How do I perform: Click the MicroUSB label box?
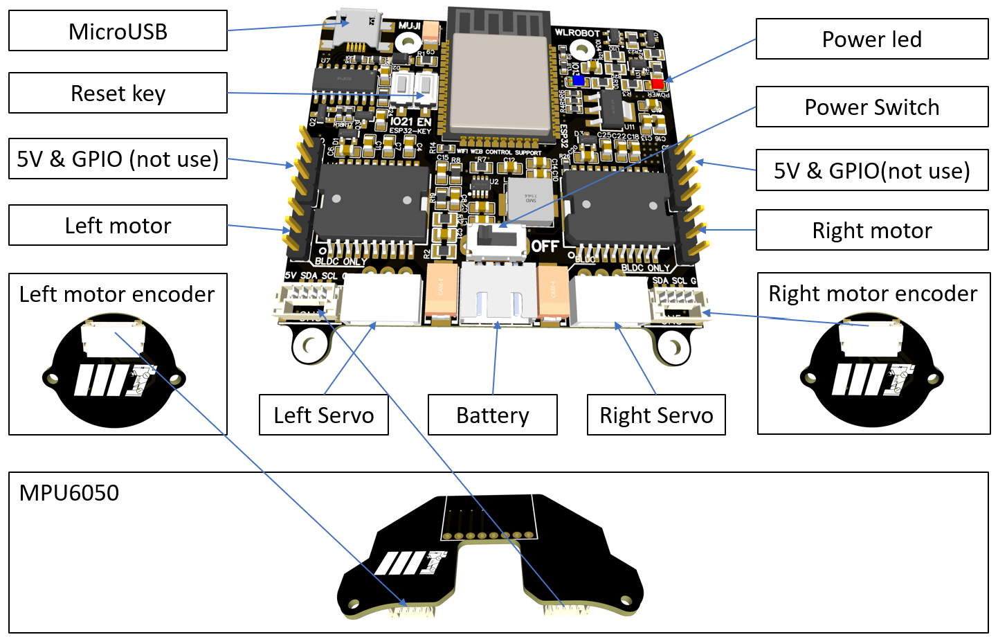tap(118, 31)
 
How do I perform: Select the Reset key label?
tap(118, 93)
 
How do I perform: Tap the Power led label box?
tap(871, 39)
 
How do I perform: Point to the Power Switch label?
tap(871, 107)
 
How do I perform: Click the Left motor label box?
tap(118, 226)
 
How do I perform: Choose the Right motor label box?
tap(871, 231)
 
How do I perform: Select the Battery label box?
tap(492, 415)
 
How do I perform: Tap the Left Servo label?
tap(323, 415)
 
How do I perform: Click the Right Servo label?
tap(655, 415)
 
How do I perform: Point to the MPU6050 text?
tap(69, 493)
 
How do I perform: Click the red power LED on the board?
tap(657, 83)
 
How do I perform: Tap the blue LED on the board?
tap(578, 80)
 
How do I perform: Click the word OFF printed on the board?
tap(545, 246)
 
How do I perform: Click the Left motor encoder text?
tap(117, 294)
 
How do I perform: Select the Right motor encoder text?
tap(873, 294)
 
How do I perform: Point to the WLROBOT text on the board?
tap(577, 33)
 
